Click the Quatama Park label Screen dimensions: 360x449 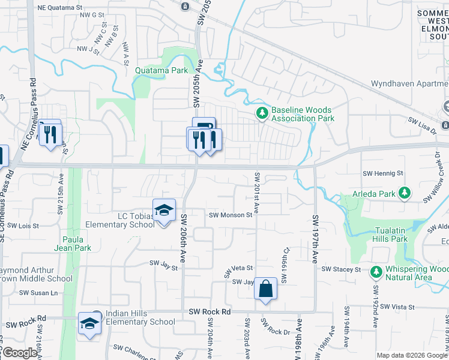point(161,70)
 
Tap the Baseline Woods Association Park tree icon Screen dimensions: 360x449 point(262,112)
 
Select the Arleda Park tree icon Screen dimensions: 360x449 point(406,193)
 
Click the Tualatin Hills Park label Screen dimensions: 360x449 point(391,235)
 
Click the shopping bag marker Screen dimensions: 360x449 point(265,289)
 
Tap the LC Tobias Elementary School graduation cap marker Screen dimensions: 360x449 point(163,211)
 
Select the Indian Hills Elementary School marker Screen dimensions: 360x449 point(89,323)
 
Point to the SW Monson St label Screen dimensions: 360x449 point(231,215)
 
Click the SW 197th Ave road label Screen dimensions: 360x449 point(315,239)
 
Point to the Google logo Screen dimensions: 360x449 point(20,353)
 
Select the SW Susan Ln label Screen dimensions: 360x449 point(38,293)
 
